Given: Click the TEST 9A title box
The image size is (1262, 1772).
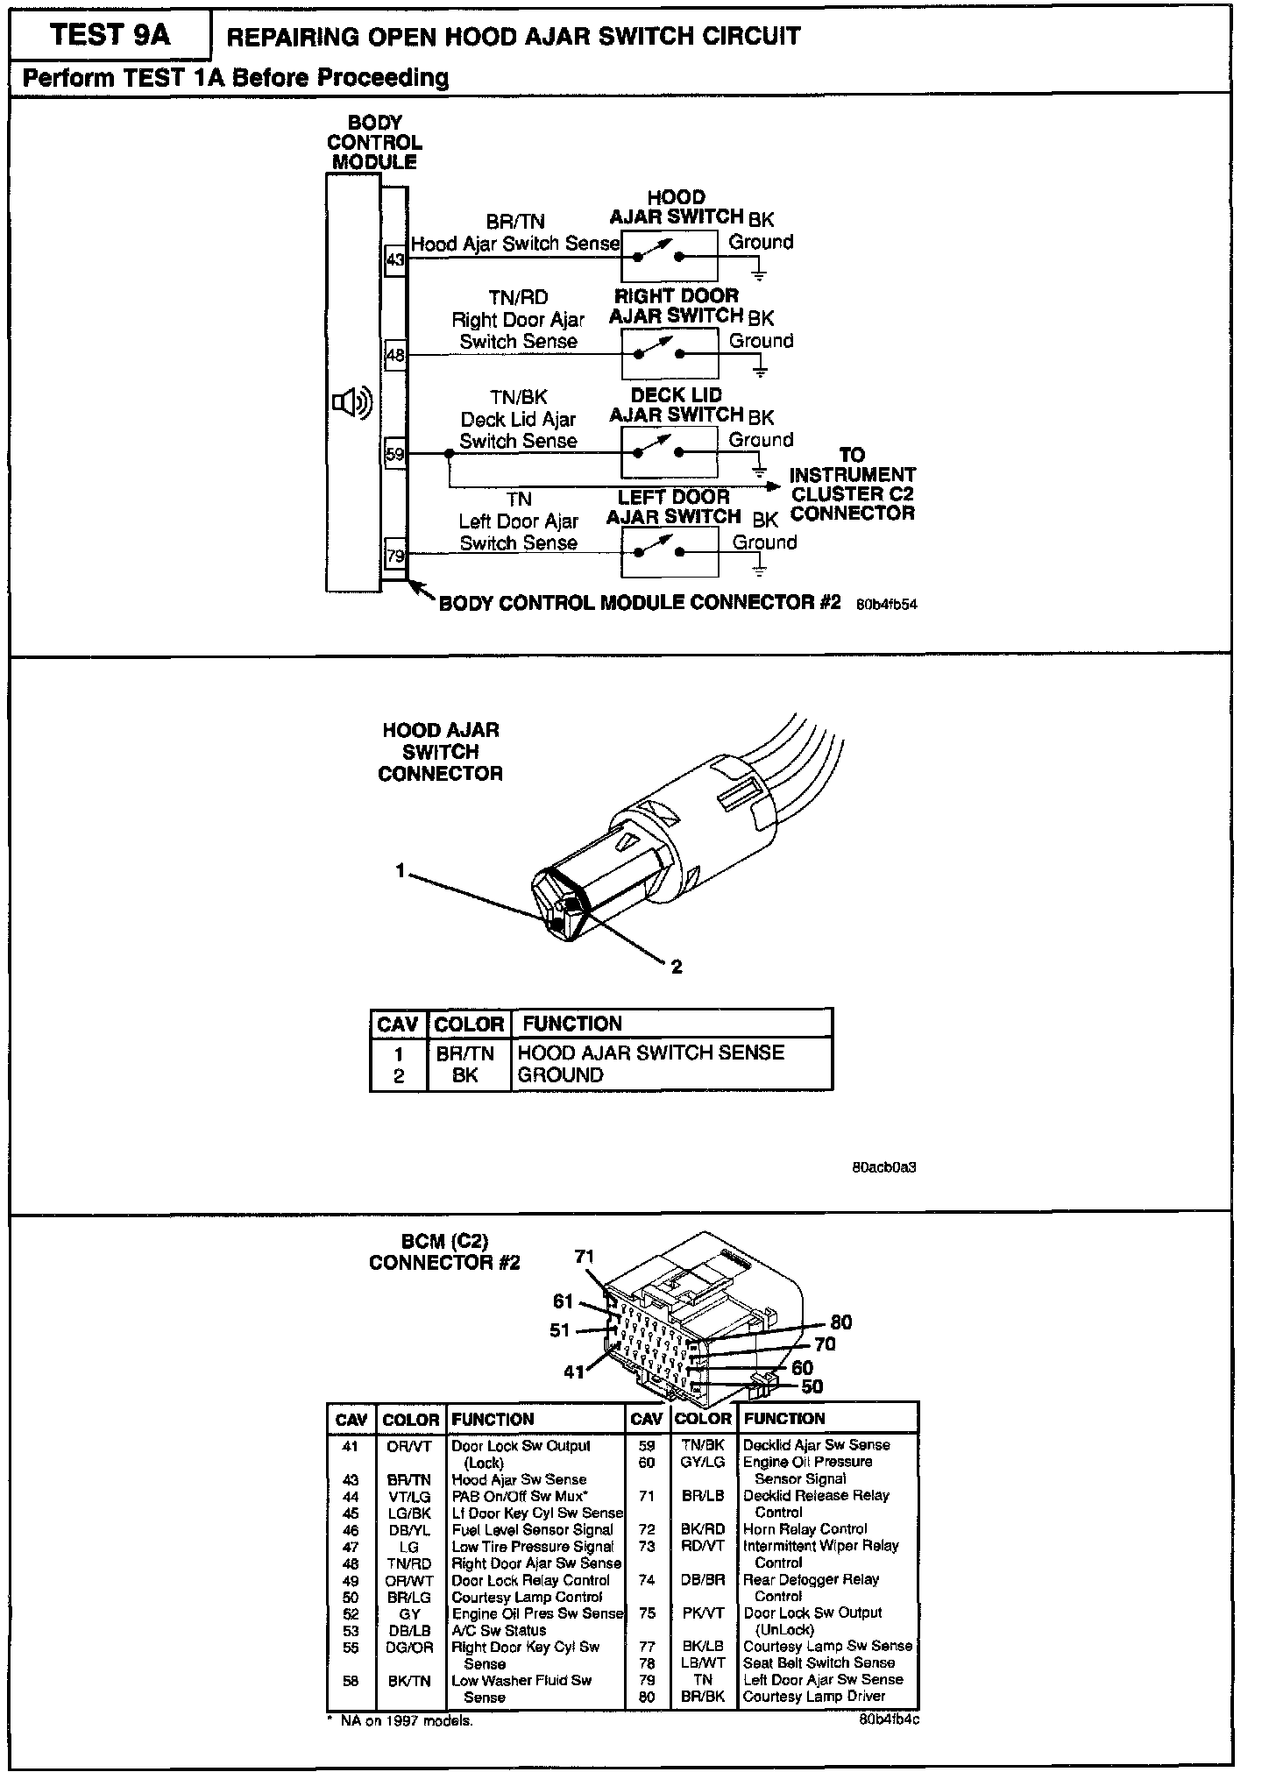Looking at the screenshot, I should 110,35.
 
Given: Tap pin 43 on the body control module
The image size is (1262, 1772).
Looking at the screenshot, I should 395,259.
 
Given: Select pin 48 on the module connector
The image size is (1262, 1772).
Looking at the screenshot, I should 395,355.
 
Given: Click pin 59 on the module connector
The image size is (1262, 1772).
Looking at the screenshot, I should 395,454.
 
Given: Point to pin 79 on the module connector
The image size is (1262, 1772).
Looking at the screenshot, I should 395,555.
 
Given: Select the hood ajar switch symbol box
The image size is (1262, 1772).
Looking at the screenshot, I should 670,256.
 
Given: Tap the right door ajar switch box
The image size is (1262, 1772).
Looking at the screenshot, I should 670,354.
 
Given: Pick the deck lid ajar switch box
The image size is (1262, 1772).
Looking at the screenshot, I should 670,453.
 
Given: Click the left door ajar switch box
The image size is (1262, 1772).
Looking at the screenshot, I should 670,553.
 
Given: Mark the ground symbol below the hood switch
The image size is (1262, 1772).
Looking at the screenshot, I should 759,276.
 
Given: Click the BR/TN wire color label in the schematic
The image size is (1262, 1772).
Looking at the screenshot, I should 515,223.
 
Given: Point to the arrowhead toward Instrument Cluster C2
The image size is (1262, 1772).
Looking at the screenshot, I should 772,486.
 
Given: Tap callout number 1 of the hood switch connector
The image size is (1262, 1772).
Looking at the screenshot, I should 401,870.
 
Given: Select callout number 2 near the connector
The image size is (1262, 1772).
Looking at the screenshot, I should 676,967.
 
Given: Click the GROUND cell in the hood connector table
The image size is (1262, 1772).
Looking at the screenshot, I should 561,1075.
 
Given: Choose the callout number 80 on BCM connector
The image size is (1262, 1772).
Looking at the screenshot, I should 840,1322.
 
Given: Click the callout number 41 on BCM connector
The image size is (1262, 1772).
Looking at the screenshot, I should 574,1372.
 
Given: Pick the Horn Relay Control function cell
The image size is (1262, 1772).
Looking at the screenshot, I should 805,1528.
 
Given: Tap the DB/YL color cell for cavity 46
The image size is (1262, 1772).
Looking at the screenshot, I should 409,1529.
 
